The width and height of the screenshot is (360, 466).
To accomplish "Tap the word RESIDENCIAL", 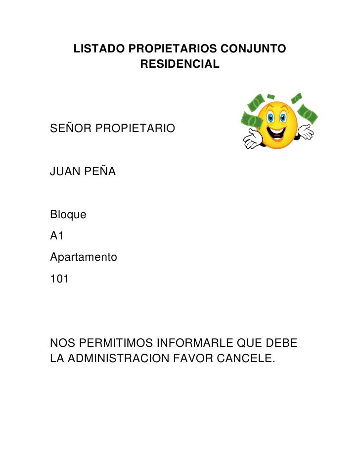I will [x=180, y=64].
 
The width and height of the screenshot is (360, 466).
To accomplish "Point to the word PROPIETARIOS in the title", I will [x=173, y=49].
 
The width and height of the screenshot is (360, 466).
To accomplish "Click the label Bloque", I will [x=68, y=215].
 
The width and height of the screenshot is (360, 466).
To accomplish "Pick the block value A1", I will [x=57, y=236].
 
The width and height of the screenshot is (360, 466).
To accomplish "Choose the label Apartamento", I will [x=84, y=258].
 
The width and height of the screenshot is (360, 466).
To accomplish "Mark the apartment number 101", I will [x=60, y=279].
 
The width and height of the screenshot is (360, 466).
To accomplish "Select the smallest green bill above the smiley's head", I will [x=270, y=96].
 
